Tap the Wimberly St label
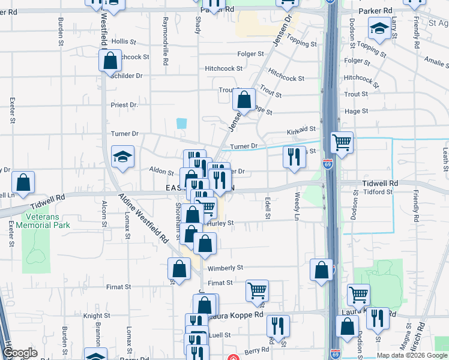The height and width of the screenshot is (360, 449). pos(226,268)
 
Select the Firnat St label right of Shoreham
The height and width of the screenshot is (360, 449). pos(220,283)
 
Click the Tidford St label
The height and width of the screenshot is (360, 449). pos(378,192)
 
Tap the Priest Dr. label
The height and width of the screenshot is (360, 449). pos(124,104)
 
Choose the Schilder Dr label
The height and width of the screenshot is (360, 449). pos(127,76)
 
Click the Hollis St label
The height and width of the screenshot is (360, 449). pos(124,41)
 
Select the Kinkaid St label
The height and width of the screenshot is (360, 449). pos(301,129)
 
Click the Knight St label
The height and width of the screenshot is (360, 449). pos(97,315)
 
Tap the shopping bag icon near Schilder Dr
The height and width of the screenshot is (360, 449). pos(110,60)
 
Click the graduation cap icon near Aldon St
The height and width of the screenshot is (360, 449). pos(122,157)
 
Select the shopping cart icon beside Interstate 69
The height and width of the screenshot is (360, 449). pos(342,143)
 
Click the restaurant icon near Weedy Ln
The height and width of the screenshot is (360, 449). pos(294,157)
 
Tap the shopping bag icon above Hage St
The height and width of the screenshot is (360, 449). pos(244,99)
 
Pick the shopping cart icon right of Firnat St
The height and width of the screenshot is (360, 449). pos(257,290)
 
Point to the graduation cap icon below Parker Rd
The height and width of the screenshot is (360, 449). pos(379,28)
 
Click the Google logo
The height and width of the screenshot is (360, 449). pos(19,353)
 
